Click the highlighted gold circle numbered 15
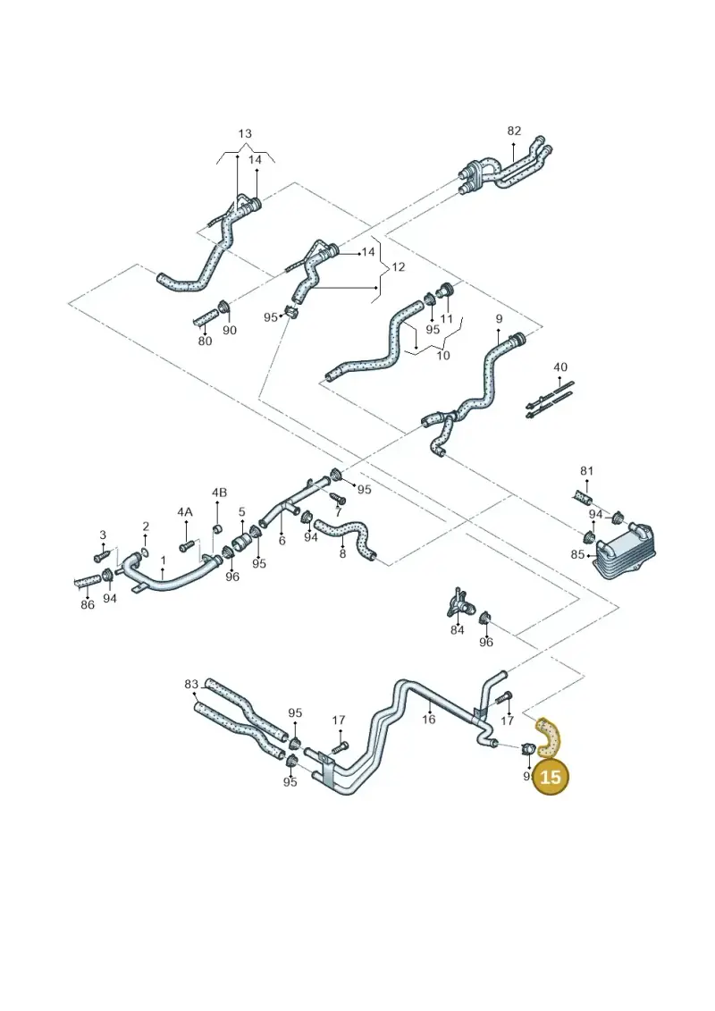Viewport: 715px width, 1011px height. coord(550,776)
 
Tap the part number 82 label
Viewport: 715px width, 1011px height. coord(514,131)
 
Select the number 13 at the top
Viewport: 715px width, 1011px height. coord(245,134)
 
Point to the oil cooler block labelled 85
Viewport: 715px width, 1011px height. coord(622,552)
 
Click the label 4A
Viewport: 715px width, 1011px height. coord(185,511)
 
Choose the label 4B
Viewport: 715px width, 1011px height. coord(219,493)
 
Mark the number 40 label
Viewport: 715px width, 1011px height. coord(560,366)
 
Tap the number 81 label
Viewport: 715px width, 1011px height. coord(586,471)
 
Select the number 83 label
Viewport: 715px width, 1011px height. coord(191,684)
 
